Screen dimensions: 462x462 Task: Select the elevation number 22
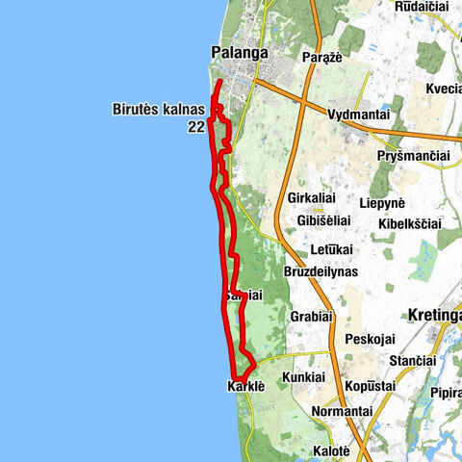pos(196,126)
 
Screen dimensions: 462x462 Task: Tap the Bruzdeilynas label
pos(321,273)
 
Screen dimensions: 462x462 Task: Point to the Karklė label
pos(245,386)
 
